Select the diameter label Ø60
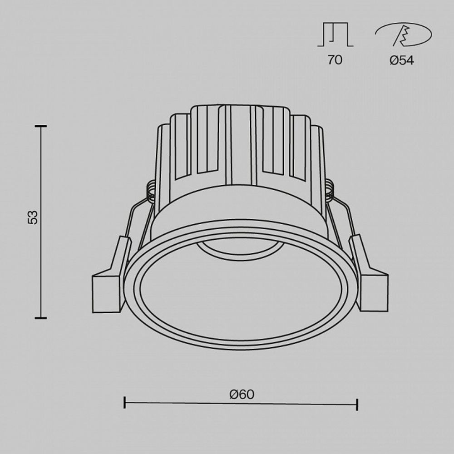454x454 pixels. coord(242,395)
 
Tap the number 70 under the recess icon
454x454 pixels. coord(335,60)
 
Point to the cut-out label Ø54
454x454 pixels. coord(402,60)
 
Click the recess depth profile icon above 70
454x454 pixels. coord(335,35)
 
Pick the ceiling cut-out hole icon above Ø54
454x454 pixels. coord(403,35)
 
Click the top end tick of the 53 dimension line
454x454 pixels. coord(41,126)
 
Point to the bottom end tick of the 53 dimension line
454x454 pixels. coord(41,318)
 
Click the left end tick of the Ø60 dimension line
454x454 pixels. coord(125,402)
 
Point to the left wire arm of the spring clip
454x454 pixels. coord(136,218)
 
